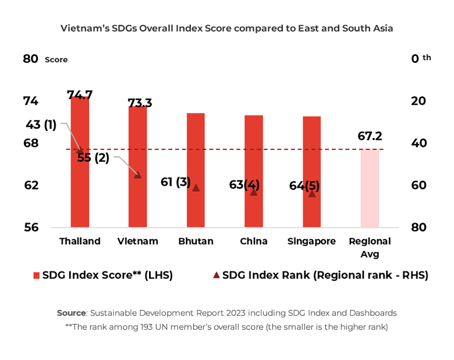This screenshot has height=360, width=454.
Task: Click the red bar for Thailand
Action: pyautogui.click(x=80, y=175)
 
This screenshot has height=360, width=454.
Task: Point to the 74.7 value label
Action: pyautogui.click(x=80, y=95)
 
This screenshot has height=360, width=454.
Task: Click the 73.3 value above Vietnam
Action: pyautogui.click(x=140, y=103)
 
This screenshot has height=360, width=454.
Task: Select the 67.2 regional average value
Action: pyautogui.click(x=370, y=136)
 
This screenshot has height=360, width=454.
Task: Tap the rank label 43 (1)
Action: pyautogui.click(x=41, y=125)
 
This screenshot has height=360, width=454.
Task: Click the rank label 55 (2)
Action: pyautogui.click(x=93, y=157)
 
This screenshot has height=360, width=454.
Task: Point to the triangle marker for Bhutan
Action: pyautogui.click(x=196, y=188)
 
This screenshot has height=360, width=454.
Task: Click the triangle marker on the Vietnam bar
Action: pyautogui.click(x=137, y=174)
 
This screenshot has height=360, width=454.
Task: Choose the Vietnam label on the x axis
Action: pyautogui.click(x=137, y=241)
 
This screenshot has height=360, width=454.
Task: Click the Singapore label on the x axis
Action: pyautogui.click(x=311, y=241)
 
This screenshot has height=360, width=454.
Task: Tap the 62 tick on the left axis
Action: pyautogui.click(x=31, y=185)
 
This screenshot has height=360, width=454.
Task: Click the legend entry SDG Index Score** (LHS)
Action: pyautogui.click(x=107, y=275)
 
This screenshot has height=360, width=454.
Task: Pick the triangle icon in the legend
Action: pyautogui.click(x=217, y=275)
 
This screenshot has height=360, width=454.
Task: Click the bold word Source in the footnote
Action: pyautogui.click(x=71, y=313)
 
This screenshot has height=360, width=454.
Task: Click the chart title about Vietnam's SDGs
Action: pyautogui.click(x=227, y=28)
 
